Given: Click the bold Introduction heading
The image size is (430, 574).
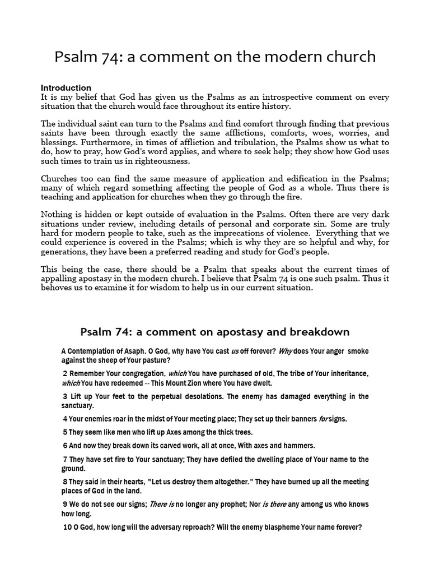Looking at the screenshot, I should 66,88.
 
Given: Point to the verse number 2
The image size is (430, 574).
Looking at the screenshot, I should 65,374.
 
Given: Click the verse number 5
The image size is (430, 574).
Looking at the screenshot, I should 65,432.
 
